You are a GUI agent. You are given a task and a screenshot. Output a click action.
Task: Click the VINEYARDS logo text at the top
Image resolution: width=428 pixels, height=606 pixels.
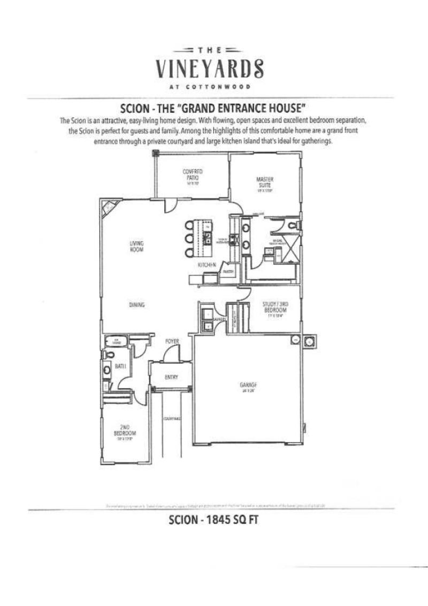pyautogui.click(x=210, y=68)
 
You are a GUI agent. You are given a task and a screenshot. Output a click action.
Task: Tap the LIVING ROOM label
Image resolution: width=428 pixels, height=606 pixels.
pyautogui.click(x=136, y=246)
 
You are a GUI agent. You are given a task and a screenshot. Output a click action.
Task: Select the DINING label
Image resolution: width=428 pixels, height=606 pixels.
pyautogui.click(x=137, y=305)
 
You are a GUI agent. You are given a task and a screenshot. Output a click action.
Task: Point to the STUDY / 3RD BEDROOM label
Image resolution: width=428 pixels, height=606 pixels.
pyautogui.click(x=276, y=308)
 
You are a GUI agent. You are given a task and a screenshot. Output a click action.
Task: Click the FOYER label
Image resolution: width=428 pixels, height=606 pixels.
pyautogui.click(x=171, y=341)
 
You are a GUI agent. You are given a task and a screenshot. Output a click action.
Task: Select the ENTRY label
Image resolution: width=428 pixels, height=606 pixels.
pyautogui.click(x=171, y=378)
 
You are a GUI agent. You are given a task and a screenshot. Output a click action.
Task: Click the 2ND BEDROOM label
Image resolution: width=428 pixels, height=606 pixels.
pyautogui.click(x=125, y=429)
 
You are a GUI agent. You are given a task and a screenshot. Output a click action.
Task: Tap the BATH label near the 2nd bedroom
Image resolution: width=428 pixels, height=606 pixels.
pyautogui.click(x=121, y=366)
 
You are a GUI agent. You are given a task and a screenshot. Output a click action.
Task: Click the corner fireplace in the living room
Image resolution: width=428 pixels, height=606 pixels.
pyautogui.click(x=110, y=207)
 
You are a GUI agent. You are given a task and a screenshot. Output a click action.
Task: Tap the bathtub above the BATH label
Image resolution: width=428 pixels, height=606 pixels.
pyautogui.click(x=113, y=341)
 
